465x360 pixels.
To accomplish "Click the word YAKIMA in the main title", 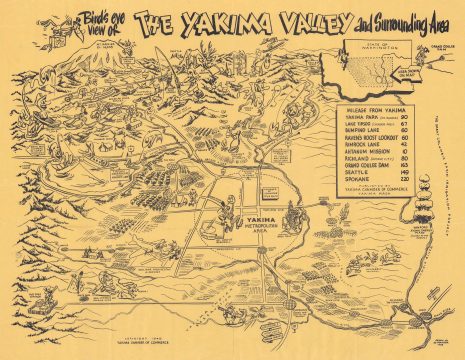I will click(197, 21).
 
